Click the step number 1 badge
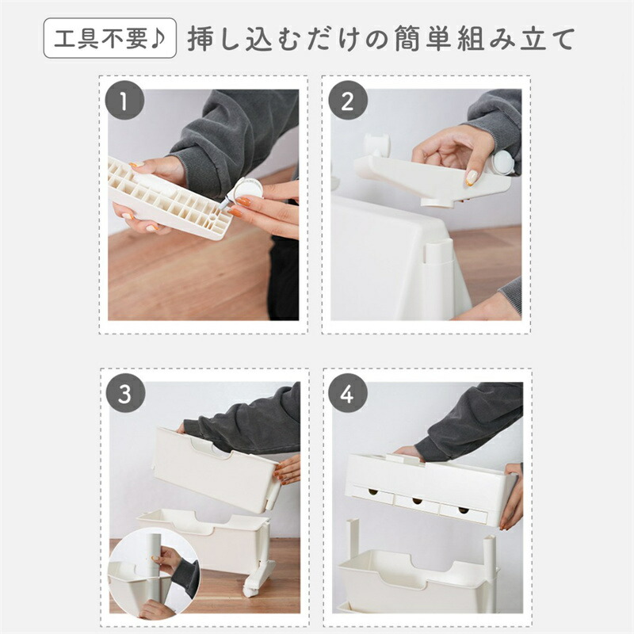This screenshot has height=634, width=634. [x=124, y=101]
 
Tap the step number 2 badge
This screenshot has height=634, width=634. [x=348, y=101]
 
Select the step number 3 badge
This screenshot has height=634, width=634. [x=125, y=393]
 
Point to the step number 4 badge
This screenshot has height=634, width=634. [x=348, y=393]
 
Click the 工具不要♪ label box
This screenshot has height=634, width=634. [x=110, y=38]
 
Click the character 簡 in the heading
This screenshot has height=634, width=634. [x=410, y=38]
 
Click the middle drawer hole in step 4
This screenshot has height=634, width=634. [x=417, y=502]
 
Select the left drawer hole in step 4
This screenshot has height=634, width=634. [x=372, y=492]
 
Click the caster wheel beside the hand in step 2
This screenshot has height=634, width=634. [x=503, y=162]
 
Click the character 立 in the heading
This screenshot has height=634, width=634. [x=533, y=38]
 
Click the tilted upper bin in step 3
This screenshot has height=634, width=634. [x=216, y=470]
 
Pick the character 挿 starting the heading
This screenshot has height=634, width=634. [x=201, y=38]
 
